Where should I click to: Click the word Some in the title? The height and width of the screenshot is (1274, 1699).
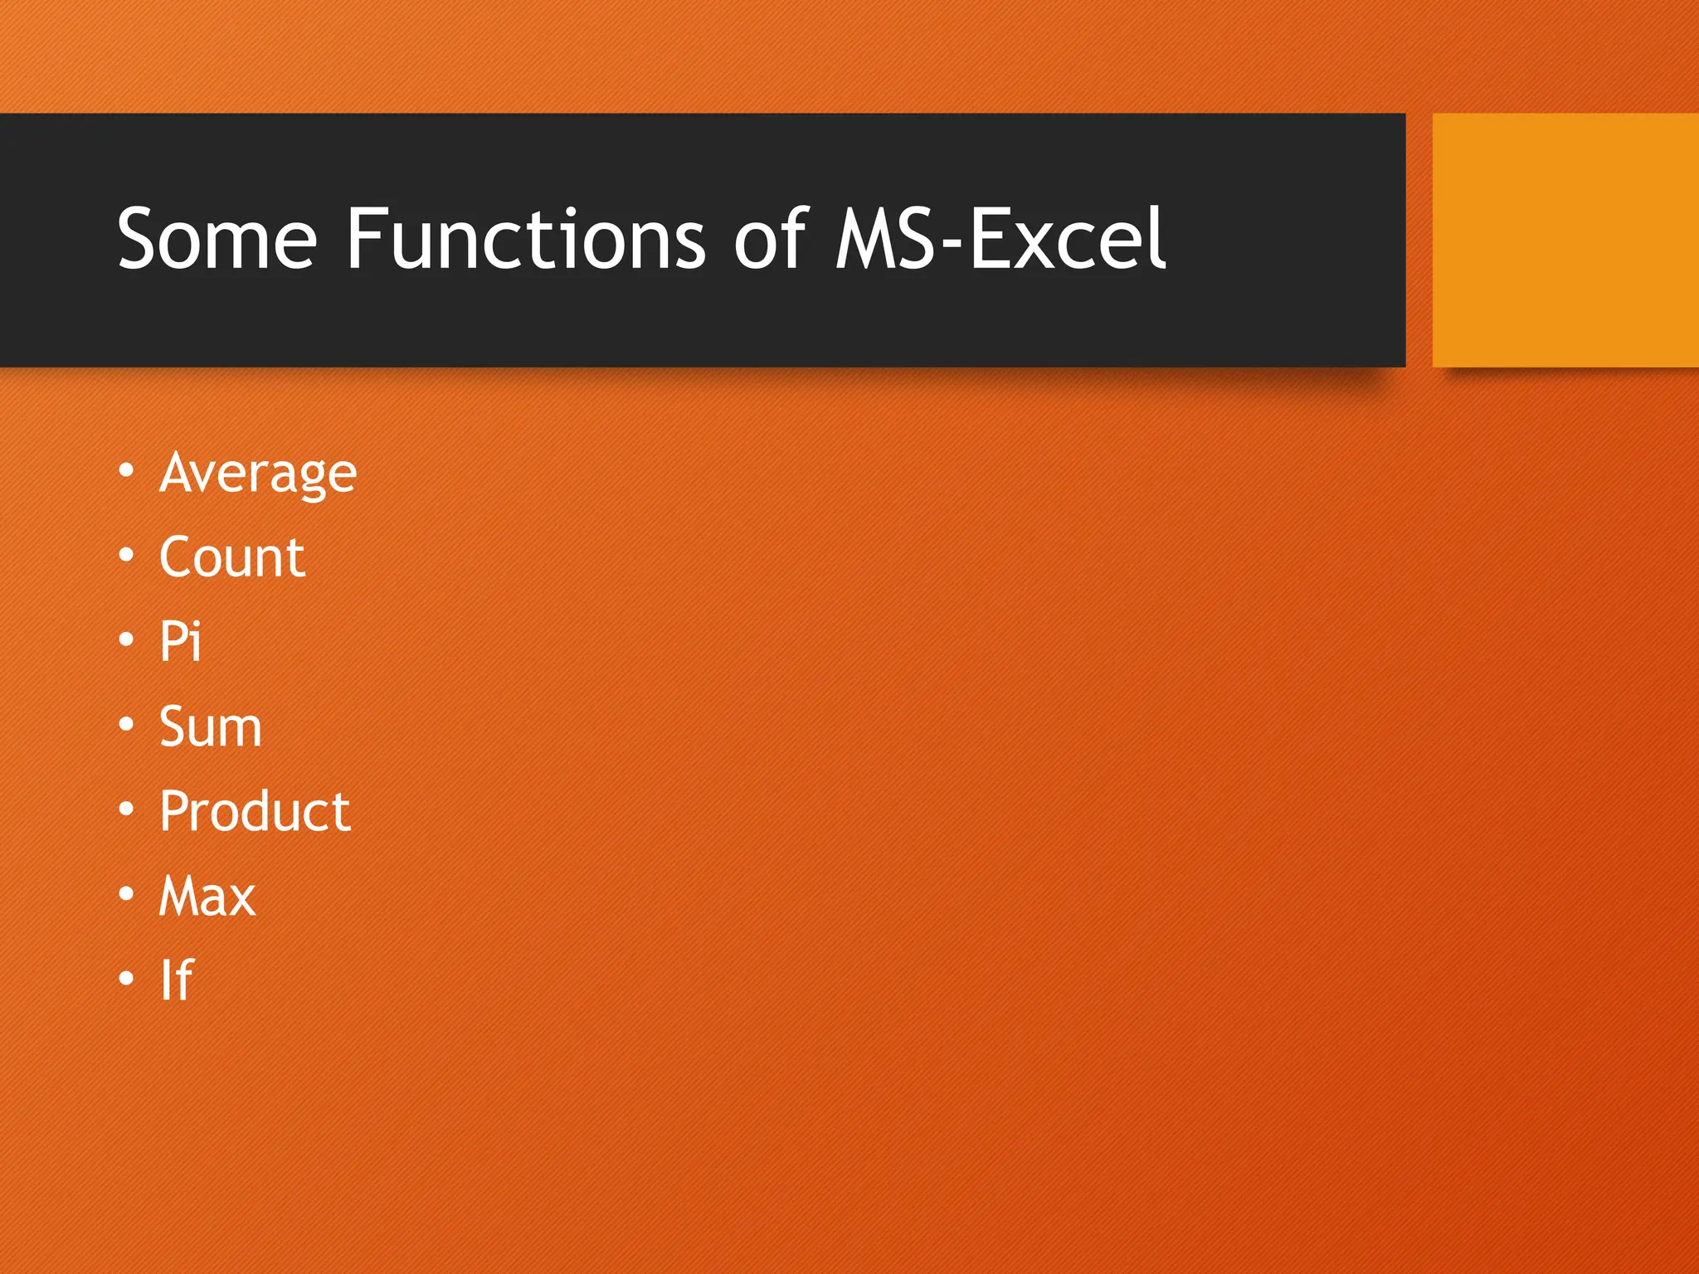[x=217, y=240]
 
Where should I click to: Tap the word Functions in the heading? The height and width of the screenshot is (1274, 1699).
[x=525, y=240]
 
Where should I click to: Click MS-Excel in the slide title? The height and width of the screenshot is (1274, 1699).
[x=1000, y=240]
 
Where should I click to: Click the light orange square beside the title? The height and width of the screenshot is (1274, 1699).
[x=1565, y=240]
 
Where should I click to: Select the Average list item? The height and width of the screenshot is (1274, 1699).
[x=258, y=474]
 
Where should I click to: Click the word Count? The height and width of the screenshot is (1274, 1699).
[x=232, y=557]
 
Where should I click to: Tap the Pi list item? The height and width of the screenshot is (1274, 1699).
[x=180, y=641]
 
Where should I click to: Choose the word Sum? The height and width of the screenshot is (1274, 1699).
[x=211, y=727]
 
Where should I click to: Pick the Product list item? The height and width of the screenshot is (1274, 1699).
[x=255, y=811]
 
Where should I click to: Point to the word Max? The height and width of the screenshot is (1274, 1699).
[x=207, y=897]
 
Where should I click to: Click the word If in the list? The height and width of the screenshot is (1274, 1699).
[x=176, y=980]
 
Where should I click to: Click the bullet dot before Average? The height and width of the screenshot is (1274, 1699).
[x=126, y=471]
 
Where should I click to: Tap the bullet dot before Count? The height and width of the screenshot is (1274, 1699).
[x=126, y=556]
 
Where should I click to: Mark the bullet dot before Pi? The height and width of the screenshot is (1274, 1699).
[x=126, y=640]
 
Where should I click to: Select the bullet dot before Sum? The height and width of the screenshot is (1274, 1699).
[x=126, y=725]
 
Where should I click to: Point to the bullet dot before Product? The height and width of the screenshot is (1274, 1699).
[x=126, y=810]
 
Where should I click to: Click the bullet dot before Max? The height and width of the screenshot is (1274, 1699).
[x=126, y=894]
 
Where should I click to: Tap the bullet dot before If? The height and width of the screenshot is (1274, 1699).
[x=126, y=979]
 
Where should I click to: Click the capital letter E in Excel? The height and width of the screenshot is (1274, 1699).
[x=991, y=240]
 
